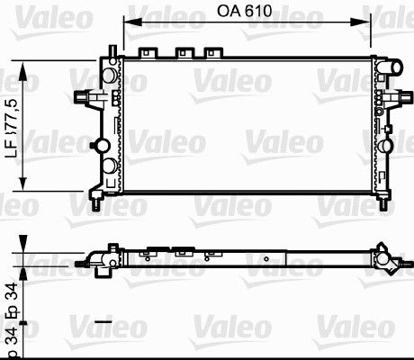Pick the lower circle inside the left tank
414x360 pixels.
(x=109, y=166)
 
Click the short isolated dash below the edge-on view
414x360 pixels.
(x=102, y=320)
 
